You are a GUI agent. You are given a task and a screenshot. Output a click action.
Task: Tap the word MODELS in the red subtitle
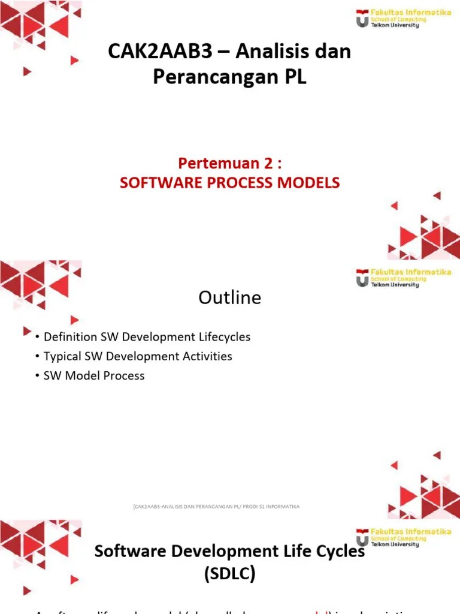point(310,183)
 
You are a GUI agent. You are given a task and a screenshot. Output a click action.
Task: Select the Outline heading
point(230,298)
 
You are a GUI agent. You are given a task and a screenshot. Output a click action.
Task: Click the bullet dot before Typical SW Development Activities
point(38,357)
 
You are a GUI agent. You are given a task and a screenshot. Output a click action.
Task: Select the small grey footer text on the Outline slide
point(216,507)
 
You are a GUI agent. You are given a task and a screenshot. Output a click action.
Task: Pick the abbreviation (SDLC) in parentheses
point(230,574)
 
